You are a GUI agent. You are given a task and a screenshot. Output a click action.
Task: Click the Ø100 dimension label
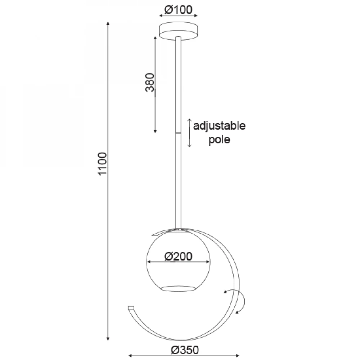179,10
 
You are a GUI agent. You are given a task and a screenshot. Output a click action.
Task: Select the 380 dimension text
150,82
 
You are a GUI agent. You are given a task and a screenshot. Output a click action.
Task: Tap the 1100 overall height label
102,164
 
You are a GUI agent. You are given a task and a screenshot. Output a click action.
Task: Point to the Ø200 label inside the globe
179,256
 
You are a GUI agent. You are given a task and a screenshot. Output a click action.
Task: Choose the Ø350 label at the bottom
185,350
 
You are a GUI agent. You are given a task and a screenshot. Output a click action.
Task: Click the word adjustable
219,126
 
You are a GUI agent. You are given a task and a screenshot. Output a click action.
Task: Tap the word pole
219,140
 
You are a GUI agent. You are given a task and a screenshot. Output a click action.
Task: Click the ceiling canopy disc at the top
179,31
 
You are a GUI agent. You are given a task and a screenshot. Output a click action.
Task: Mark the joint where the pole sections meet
178,133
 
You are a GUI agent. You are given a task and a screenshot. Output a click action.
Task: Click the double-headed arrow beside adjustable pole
189,133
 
